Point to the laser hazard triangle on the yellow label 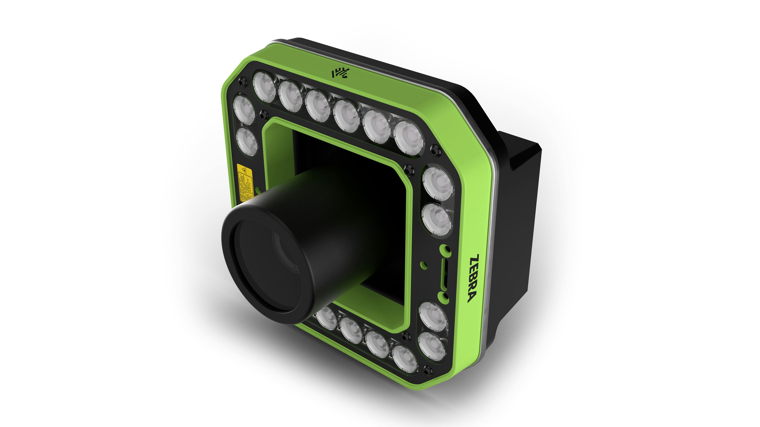coord(244,170)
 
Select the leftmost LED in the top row coord(264,86)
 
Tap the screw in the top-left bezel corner coord(243,81)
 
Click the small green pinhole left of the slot coord(424,264)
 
